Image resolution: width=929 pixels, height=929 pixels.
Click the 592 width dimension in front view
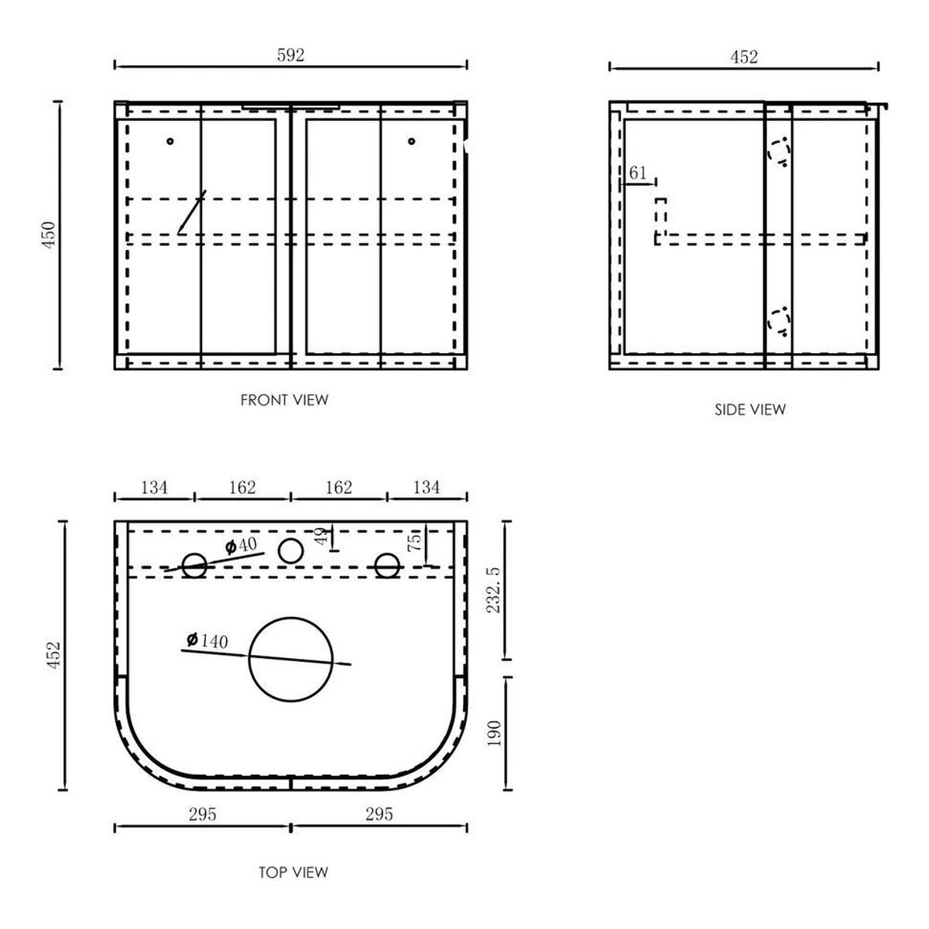[x=291, y=56]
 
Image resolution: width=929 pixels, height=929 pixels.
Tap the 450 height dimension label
[x=50, y=235]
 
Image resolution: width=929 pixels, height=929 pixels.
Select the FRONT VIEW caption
[x=284, y=400]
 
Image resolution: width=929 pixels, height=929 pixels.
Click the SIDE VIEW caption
[x=749, y=410]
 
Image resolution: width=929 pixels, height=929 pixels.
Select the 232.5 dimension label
[x=494, y=590]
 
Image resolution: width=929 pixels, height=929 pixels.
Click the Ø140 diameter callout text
[x=207, y=641]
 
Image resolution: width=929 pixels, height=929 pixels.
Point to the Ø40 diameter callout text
[x=241, y=546]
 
